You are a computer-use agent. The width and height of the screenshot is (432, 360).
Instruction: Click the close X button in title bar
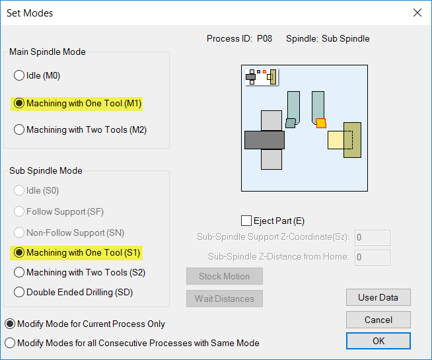pos(417,13)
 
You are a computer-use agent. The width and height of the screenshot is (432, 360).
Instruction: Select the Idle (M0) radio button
pos(19,75)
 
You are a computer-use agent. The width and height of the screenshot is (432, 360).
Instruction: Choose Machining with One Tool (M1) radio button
pos(19,103)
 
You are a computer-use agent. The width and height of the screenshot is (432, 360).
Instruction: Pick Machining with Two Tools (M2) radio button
pos(19,129)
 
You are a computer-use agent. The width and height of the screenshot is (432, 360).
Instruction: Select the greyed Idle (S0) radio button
pos(19,190)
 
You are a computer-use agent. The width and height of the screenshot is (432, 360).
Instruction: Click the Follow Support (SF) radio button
pos(19,211)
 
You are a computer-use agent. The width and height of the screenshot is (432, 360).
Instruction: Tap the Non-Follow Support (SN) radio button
pos(19,233)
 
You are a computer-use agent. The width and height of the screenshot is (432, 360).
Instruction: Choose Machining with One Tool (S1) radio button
pos(19,252)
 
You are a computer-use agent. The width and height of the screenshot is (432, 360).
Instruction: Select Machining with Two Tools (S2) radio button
pos(19,272)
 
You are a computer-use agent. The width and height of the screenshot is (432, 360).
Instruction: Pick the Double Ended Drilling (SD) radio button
pos(19,292)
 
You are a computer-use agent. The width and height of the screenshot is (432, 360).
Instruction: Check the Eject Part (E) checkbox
pos(247,221)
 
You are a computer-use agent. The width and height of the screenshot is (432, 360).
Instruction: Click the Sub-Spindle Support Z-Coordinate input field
pos(373,237)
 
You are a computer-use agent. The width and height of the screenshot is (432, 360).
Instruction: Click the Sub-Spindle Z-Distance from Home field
pos(373,257)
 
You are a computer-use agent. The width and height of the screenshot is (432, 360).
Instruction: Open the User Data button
pos(378,297)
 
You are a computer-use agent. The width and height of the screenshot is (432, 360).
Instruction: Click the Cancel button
pos(378,320)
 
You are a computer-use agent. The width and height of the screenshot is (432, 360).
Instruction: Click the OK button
pos(378,341)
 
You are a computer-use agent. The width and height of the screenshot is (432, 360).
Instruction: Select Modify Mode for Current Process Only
pos(10,324)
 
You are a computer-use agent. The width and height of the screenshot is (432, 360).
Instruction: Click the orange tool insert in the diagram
pos(321,123)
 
